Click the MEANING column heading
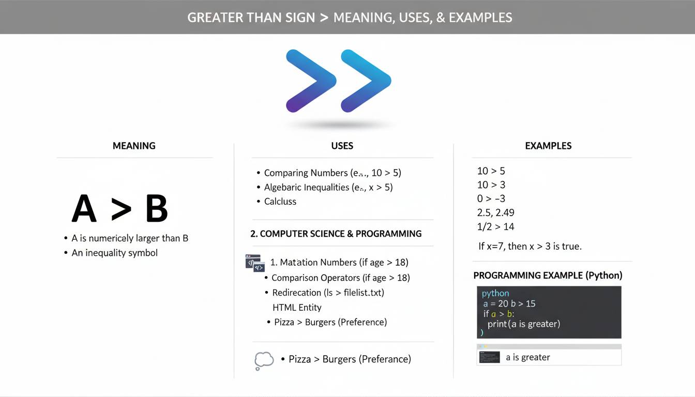(x=134, y=146)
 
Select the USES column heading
(x=342, y=146)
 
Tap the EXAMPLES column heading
(x=548, y=146)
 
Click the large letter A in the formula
(x=84, y=209)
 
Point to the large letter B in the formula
(x=157, y=209)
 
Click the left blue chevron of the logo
(x=311, y=81)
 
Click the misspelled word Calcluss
(x=280, y=202)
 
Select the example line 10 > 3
(x=491, y=185)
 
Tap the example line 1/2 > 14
(x=495, y=226)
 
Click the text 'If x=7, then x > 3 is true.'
(x=530, y=246)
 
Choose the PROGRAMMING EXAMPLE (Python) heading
(x=548, y=275)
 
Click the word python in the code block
(x=495, y=293)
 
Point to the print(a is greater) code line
(x=524, y=324)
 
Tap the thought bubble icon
(x=264, y=360)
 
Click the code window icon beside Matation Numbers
(x=255, y=263)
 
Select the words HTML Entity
(x=297, y=307)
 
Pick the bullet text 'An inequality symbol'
(x=114, y=253)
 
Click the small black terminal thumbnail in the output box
(x=489, y=357)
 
